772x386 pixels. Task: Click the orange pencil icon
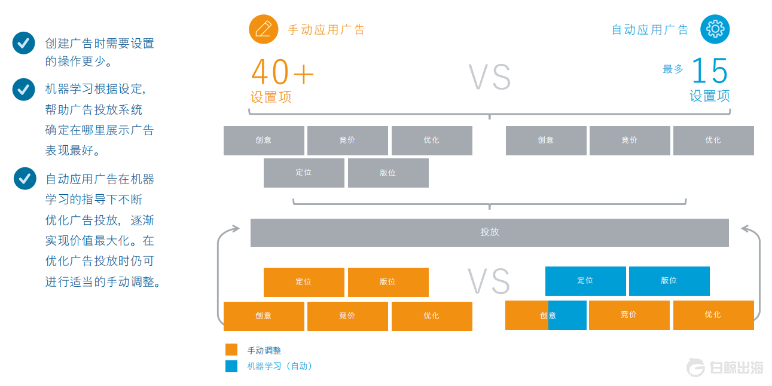pos(264,29)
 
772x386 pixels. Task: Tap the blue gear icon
pos(715,29)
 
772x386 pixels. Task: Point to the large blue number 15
pos(710,72)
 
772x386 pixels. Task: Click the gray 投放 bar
pos(489,232)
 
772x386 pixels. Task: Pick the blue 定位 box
pos(585,281)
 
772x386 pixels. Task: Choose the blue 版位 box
pos(669,281)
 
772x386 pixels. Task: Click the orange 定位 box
pos(304,282)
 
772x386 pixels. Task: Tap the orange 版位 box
pos(388,282)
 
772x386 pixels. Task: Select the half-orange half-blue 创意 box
pos(546,315)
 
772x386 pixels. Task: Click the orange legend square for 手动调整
pos(231,350)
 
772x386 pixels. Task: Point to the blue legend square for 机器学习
pos(231,366)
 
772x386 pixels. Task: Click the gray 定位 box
pos(304,173)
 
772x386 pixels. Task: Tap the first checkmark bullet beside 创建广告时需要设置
pos(24,43)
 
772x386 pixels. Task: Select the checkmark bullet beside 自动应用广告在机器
pos(25,178)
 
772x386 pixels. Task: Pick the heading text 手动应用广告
pos(326,30)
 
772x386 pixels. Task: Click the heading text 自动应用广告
pos(650,30)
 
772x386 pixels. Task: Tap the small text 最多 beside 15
pos(673,69)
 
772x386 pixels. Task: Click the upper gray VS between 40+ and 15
pos(489,77)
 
